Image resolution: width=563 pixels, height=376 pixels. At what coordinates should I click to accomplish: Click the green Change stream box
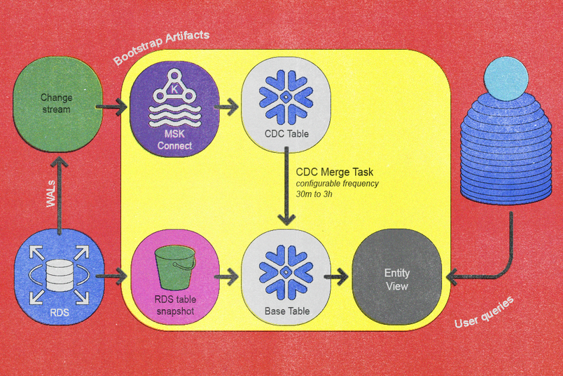coord(56,103)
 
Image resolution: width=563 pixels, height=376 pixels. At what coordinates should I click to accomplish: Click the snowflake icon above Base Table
coord(286,269)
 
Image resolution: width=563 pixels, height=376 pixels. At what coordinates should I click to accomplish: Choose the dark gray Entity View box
coord(396,278)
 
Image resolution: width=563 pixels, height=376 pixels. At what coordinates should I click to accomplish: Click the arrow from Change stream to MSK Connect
coord(112,107)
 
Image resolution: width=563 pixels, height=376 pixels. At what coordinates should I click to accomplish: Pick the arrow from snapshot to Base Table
coord(225,278)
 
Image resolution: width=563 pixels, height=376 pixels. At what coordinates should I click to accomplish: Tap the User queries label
coord(483,313)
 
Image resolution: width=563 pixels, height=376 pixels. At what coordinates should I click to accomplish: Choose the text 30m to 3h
coord(314,194)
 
